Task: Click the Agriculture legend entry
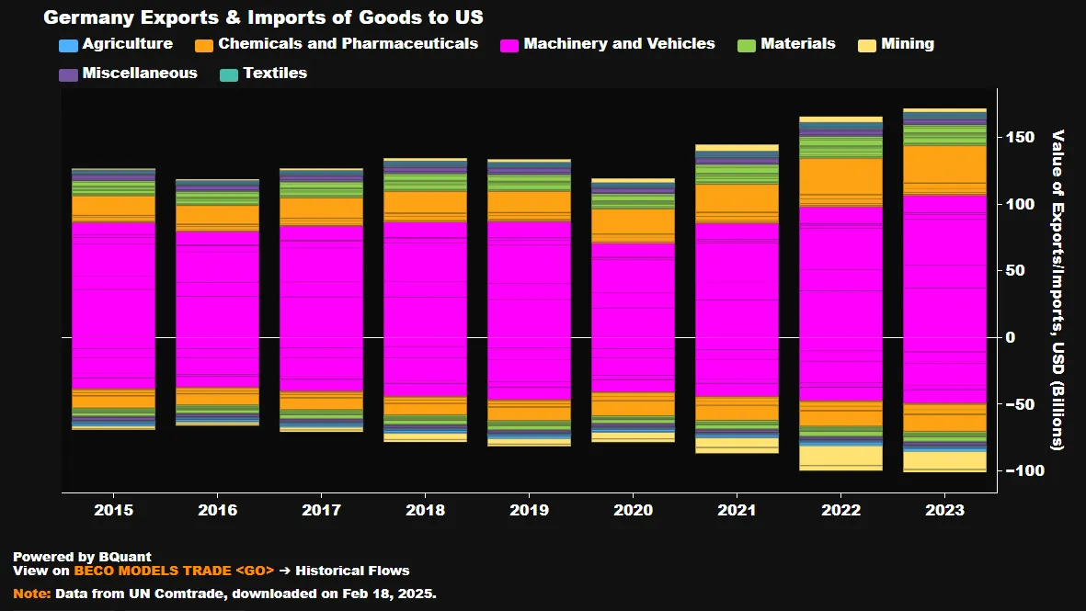pyautogui.click(x=115, y=44)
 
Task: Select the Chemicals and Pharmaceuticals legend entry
pyautogui.click(x=337, y=44)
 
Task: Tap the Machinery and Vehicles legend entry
pyautogui.click(x=607, y=44)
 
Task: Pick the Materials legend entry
pyautogui.click(x=787, y=44)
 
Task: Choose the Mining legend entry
pyautogui.click(x=896, y=44)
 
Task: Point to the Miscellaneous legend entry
pyautogui.click(x=128, y=74)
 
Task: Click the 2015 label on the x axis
pyautogui.click(x=113, y=510)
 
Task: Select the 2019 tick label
pyautogui.click(x=529, y=510)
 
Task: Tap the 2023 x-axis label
pyautogui.click(x=945, y=510)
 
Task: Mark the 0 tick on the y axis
pyautogui.click(x=1011, y=338)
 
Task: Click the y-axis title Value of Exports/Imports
pyautogui.click(x=1057, y=289)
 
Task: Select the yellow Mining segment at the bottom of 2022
pyautogui.click(x=840, y=458)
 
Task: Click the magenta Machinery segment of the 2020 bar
pyautogui.click(x=633, y=312)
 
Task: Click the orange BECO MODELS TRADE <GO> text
pyautogui.click(x=174, y=571)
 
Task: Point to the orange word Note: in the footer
pyautogui.click(x=32, y=594)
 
